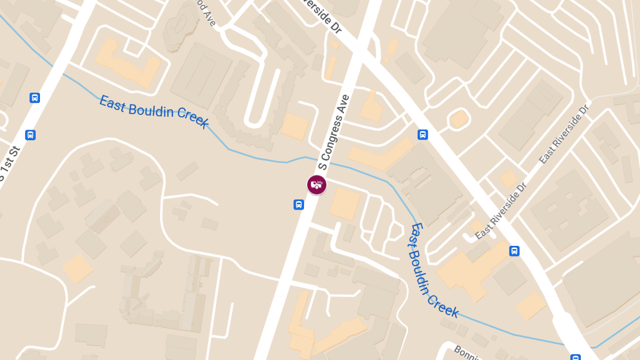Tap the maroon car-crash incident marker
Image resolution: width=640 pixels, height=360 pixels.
point(317,185)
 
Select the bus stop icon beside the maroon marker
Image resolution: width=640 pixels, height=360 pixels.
point(299,204)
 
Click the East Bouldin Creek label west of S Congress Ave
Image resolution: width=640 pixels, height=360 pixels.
point(154,111)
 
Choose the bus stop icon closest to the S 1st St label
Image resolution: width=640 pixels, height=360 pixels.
point(30,135)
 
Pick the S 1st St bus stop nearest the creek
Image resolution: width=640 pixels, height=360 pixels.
point(35,98)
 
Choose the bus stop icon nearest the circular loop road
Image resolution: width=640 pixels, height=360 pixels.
point(422,134)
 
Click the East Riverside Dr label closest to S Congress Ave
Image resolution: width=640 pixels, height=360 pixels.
point(501,211)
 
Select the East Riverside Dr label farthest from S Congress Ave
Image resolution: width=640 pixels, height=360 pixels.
point(564,134)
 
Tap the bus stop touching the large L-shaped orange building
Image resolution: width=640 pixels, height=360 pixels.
point(514,251)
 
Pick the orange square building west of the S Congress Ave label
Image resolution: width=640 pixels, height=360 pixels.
point(294,127)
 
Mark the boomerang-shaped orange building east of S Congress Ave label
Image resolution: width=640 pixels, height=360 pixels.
point(381,154)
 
